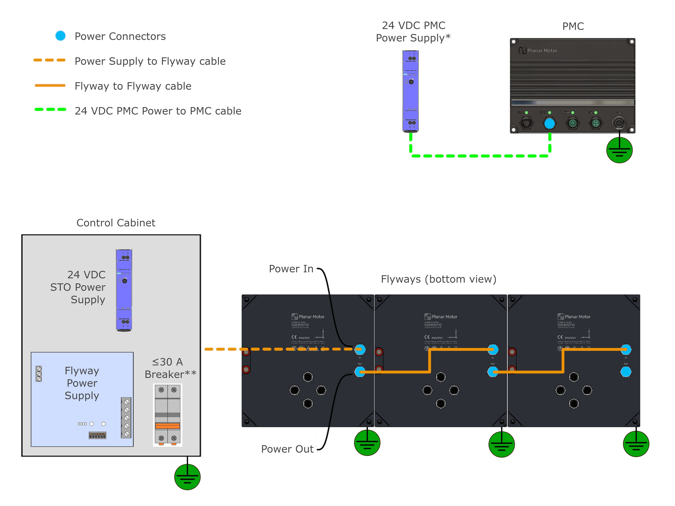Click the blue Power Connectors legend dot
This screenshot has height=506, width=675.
[60, 36]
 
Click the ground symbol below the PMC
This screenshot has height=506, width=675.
[619, 150]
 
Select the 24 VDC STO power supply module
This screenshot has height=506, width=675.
[124, 290]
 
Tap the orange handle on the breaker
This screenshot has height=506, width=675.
[167, 426]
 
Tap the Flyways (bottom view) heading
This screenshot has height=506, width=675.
[439, 279]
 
